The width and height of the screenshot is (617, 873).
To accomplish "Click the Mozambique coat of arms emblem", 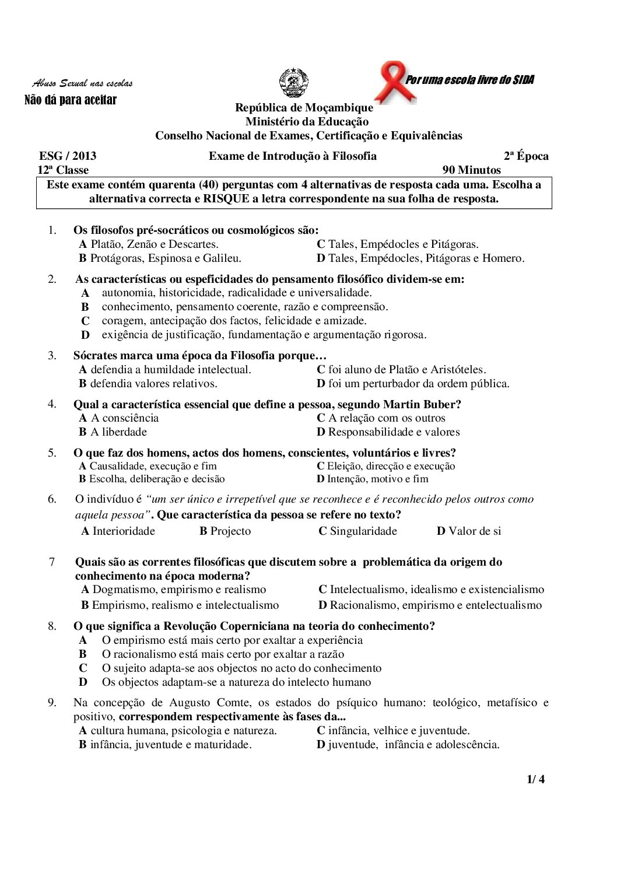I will (x=293, y=83).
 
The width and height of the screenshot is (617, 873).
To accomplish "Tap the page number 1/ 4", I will (x=535, y=779).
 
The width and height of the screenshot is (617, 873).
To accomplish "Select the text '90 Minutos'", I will (x=471, y=170).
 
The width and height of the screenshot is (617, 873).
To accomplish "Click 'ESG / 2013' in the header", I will (x=68, y=156).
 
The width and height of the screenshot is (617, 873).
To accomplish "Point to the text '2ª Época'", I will (x=526, y=156).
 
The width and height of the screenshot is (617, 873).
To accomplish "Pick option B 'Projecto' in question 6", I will (x=225, y=531).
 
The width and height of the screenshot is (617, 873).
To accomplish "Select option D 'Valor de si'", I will (x=469, y=531).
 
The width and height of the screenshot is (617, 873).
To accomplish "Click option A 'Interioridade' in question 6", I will (x=118, y=531).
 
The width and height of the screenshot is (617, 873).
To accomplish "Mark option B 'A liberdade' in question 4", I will (x=113, y=432).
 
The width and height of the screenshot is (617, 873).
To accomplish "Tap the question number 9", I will (x=52, y=703).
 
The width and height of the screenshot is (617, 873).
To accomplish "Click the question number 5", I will (x=52, y=453).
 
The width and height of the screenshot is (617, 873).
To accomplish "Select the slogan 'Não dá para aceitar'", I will (x=71, y=100).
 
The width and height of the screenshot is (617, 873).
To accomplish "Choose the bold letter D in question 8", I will (x=83, y=682).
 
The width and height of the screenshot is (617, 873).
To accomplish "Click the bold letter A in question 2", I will (x=85, y=293).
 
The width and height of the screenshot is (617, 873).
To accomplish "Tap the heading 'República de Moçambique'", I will (x=304, y=107).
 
